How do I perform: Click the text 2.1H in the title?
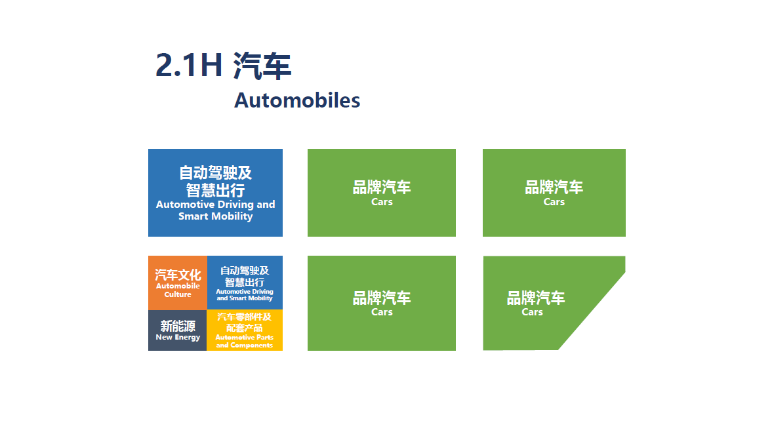[x=188, y=66]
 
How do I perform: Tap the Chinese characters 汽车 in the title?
[x=262, y=66]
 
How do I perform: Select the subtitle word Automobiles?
[x=297, y=100]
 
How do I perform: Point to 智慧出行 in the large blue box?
[x=216, y=190]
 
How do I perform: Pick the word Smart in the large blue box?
[x=193, y=216]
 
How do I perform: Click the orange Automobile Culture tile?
[x=178, y=283]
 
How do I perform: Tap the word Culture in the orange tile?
[x=178, y=294]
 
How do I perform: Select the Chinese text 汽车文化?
[x=178, y=275]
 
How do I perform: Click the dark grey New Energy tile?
[x=178, y=330]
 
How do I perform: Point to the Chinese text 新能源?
[x=178, y=326]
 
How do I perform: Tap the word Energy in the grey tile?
[x=188, y=338]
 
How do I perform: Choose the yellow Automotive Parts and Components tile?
[x=245, y=330]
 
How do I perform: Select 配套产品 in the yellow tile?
[x=244, y=328]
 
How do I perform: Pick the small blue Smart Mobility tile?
[x=245, y=283]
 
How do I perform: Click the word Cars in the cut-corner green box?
[x=532, y=312]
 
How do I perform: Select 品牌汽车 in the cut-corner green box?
[x=536, y=298]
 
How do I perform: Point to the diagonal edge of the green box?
[x=592, y=311]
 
